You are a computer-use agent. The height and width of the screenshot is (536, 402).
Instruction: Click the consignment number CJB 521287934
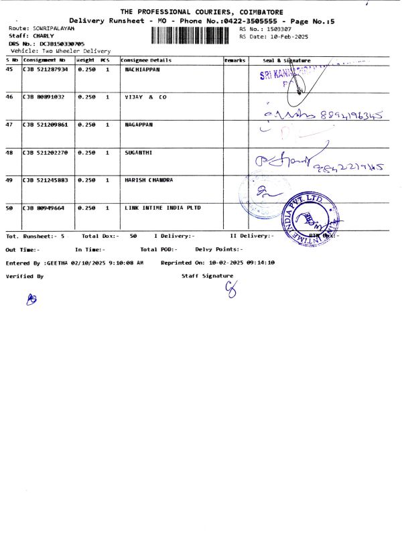pyautogui.click(x=45, y=69)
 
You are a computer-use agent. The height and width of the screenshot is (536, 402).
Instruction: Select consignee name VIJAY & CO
pyautogui.click(x=145, y=97)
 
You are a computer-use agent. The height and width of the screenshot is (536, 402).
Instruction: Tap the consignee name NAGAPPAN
pyautogui.click(x=139, y=125)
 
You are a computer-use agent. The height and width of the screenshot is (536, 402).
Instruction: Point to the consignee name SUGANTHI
pyautogui.click(x=139, y=153)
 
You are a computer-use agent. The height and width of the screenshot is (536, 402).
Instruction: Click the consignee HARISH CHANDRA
pyautogui.click(x=149, y=180)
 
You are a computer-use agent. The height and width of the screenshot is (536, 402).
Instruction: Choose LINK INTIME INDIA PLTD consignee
pyautogui.click(x=163, y=208)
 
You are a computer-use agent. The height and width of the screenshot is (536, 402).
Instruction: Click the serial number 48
pyautogui.click(x=9, y=153)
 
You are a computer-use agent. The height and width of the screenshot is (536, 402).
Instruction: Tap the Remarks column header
pyautogui.click(x=235, y=60)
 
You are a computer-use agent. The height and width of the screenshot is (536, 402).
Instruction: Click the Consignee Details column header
pyautogui.click(x=147, y=60)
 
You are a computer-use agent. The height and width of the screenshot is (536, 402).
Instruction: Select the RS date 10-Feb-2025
pyautogui.click(x=283, y=37)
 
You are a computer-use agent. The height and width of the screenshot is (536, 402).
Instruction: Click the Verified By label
pyautogui.click(x=25, y=276)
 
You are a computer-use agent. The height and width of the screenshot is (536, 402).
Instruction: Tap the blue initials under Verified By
pyautogui.click(x=30, y=300)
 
